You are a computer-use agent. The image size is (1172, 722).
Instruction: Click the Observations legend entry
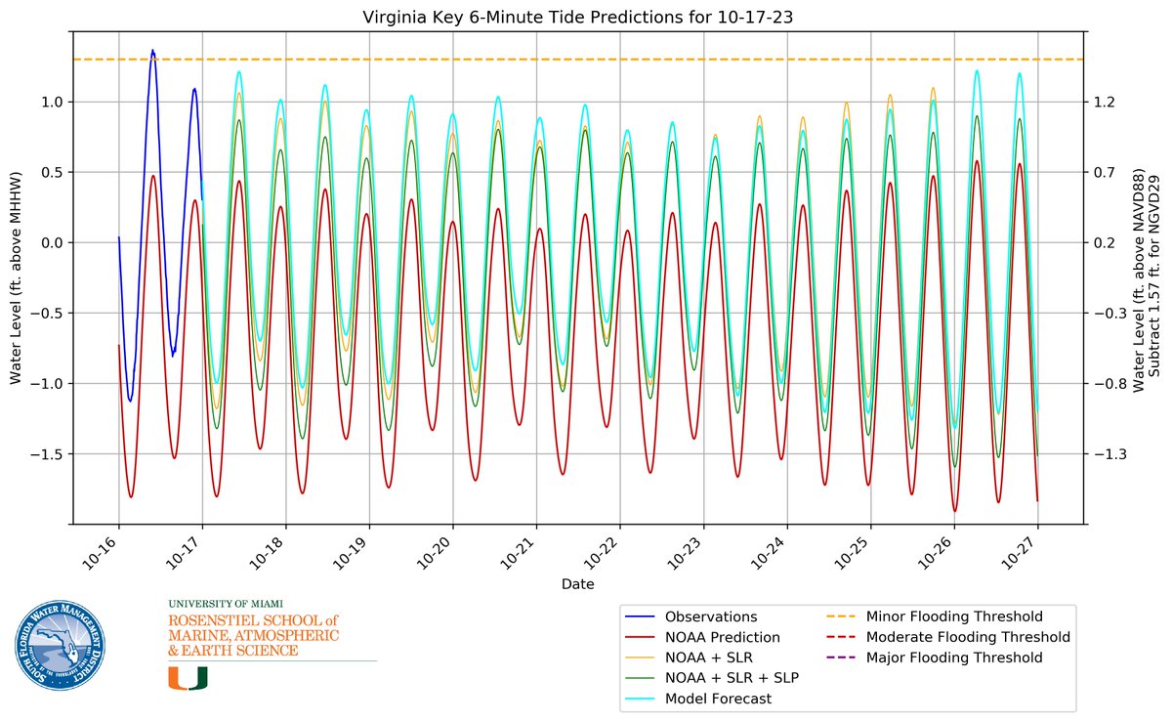[x=711, y=617]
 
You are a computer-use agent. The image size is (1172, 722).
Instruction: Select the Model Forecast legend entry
[x=718, y=699]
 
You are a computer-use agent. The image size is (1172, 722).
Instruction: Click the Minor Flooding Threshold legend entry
[x=954, y=617]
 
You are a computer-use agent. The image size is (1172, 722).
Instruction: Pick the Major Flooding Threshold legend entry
[x=954, y=658]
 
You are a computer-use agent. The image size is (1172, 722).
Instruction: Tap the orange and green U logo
[x=188, y=677]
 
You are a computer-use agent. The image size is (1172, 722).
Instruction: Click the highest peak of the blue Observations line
[x=152, y=51]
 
